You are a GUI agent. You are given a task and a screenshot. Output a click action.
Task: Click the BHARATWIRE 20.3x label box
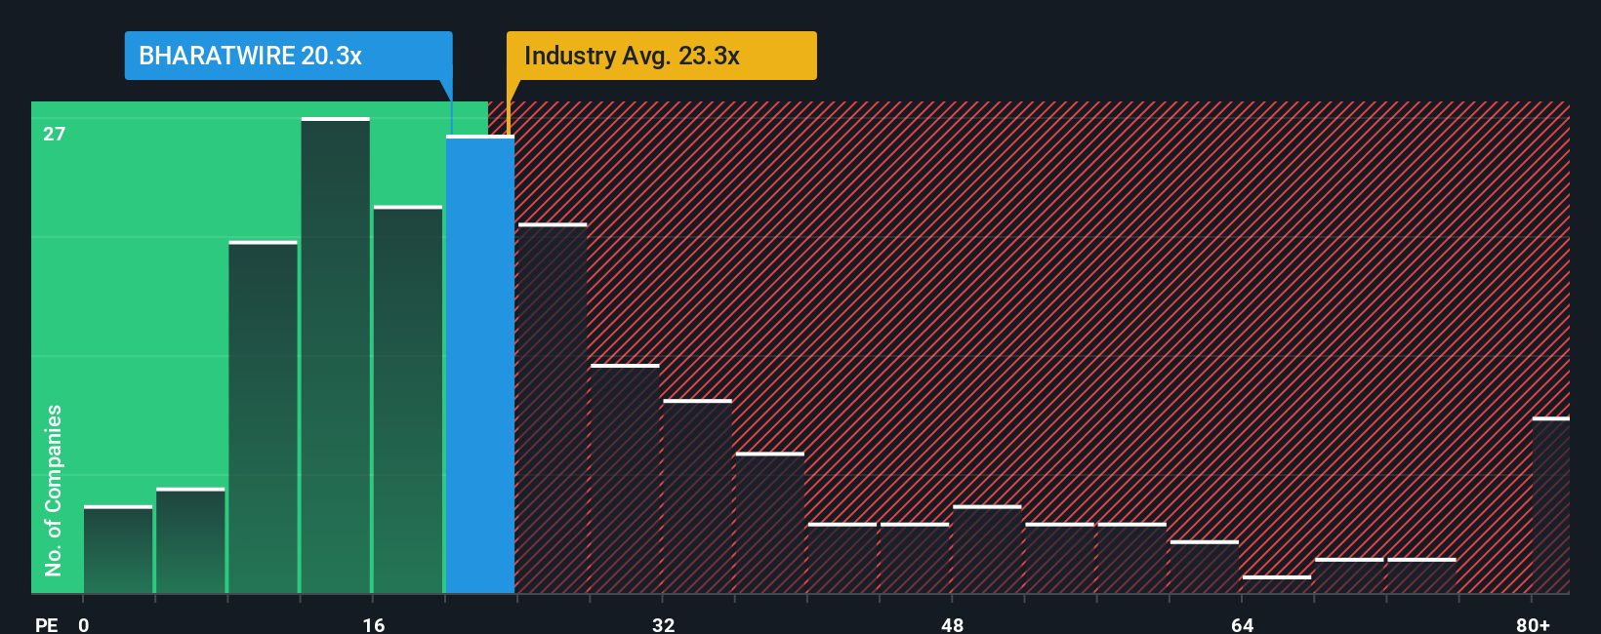coord(288,56)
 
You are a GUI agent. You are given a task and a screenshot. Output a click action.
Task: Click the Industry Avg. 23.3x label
coord(661,56)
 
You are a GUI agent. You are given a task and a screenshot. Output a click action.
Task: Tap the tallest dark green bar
coord(336,355)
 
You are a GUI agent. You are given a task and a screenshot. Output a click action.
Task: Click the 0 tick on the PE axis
coord(84,624)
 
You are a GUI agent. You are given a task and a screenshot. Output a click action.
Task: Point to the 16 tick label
coord(374,624)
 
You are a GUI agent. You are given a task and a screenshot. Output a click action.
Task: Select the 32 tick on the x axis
coord(663,624)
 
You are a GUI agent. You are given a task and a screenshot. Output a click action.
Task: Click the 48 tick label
coord(953,624)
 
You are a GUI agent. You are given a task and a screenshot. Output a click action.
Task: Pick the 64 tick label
coord(1242,624)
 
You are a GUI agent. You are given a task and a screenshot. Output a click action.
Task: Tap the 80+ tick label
coord(1533,624)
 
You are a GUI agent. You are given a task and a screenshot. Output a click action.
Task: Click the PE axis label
coord(47,624)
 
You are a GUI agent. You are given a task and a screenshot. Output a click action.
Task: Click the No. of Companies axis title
coord(54,490)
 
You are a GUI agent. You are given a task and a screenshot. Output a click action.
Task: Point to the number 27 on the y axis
coord(55,134)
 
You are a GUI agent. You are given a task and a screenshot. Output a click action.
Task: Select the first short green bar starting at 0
coord(118,550)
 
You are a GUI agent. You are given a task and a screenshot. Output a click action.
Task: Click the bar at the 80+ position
coord(1550,505)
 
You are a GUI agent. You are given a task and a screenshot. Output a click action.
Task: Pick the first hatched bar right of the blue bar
coord(553,409)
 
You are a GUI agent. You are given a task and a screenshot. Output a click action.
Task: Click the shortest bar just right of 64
coord(1277,584)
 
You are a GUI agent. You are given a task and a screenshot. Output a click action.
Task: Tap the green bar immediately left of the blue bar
coord(408,400)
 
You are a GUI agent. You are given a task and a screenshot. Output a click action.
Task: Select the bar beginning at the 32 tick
coord(697,496)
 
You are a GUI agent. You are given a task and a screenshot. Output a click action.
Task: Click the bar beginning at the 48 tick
coord(987,549)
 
